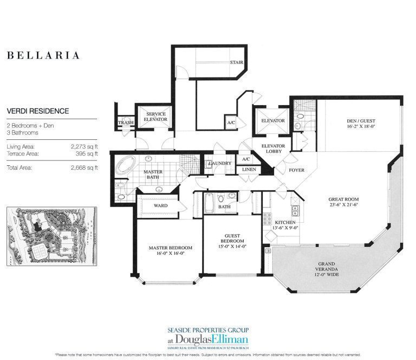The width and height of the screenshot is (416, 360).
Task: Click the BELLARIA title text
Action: (x=43, y=55)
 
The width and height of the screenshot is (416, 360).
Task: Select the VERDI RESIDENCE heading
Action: (x=38, y=111)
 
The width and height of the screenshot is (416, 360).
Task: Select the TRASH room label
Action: (x=126, y=123)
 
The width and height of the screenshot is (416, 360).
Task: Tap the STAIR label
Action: (x=236, y=62)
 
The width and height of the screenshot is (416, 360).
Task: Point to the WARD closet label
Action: (x=161, y=205)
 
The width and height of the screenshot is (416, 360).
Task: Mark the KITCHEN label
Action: (x=284, y=223)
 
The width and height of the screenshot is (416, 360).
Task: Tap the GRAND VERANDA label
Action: (x=328, y=269)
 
